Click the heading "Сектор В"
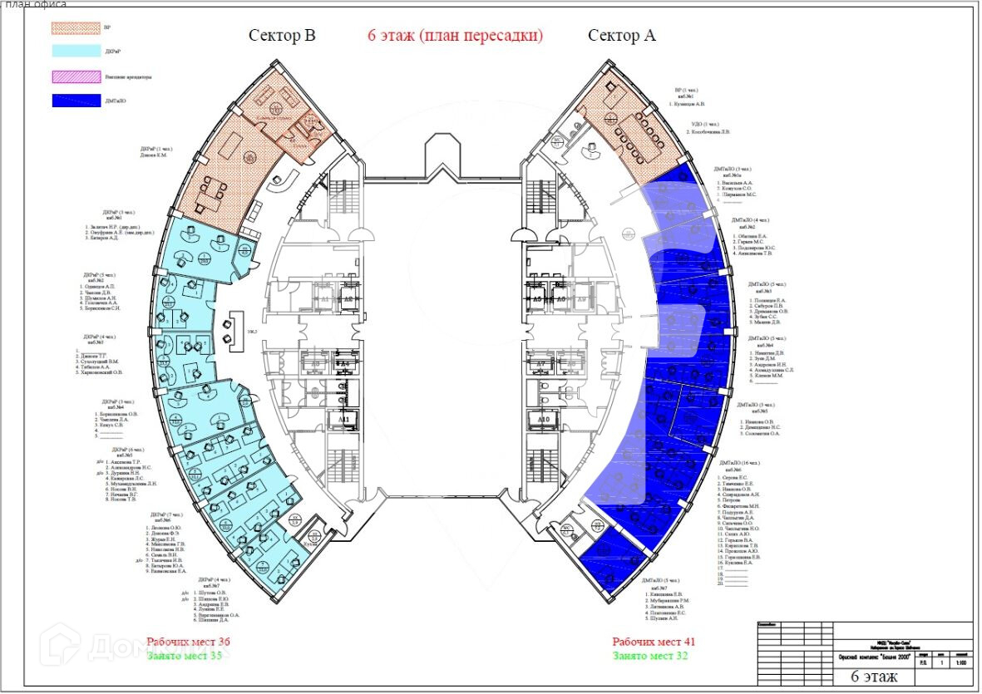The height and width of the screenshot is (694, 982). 282,36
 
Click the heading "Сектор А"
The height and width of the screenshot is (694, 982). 622,36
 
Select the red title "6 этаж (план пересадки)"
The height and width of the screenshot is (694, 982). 455,36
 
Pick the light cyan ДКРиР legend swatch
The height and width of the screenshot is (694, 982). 74,51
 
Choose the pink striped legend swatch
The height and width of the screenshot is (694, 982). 74,77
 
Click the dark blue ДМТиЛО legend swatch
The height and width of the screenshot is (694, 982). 74,103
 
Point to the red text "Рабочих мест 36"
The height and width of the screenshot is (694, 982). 188,642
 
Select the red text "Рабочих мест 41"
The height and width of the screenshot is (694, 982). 654,642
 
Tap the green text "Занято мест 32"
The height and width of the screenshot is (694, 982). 651,656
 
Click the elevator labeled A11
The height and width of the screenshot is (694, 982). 343,420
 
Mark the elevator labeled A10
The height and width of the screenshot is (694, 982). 545,420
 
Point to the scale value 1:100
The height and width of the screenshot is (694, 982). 961,662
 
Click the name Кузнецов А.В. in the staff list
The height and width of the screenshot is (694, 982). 689,104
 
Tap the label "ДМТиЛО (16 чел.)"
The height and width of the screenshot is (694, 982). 742,463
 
